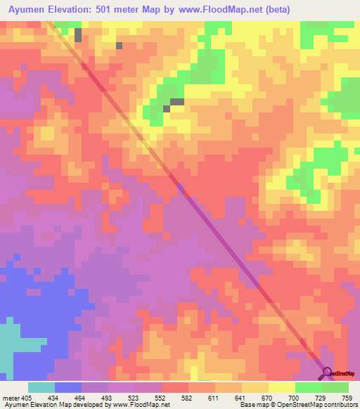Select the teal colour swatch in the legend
click(41, 387)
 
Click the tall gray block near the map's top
click(77, 35)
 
